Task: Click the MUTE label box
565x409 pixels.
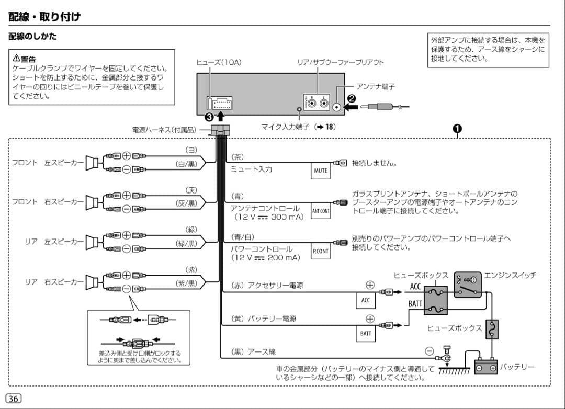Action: [x=321, y=170]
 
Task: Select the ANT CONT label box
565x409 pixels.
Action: [x=321, y=211]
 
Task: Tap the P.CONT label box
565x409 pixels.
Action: [x=321, y=251]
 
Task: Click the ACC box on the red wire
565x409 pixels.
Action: [x=366, y=300]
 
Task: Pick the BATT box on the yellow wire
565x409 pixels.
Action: [x=366, y=333]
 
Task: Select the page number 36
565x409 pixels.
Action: [x=14, y=398]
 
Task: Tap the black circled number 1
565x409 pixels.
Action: [x=457, y=129]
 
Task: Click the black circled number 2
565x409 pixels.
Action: [x=351, y=98]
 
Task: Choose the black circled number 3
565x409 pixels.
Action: [x=209, y=117]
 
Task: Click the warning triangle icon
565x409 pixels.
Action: [x=16, y=57]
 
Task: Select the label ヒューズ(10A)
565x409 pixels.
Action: [x=219, y=62]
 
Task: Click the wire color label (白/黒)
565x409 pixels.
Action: [x=187, y=164]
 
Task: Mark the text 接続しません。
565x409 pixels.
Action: [x=375, y=163]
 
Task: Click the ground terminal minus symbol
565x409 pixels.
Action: [x=430, y=351]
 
